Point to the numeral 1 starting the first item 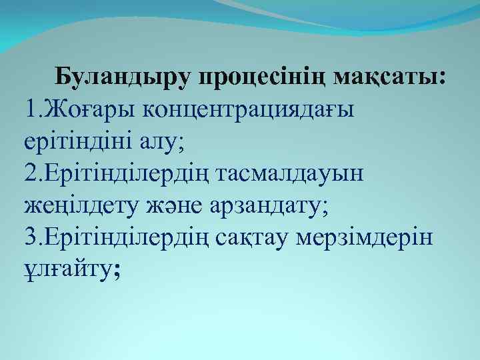pyautogui.click(x=27, y=109)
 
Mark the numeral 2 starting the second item pyautogui.click(x=29, y=173)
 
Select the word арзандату pyautogui.click(x=266, y=205)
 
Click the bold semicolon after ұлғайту pyautogui.click(x=118, y=270)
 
